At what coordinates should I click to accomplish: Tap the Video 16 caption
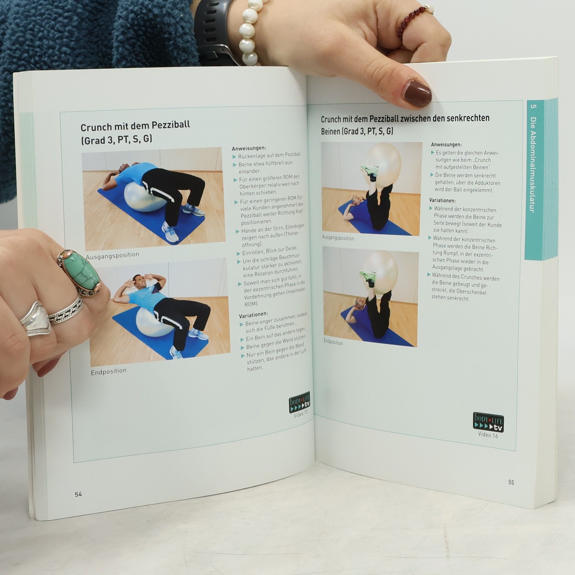pyautogui.click(x=488, y=435)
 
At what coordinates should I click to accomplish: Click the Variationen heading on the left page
pyautogui.click(x=253, y=315)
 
